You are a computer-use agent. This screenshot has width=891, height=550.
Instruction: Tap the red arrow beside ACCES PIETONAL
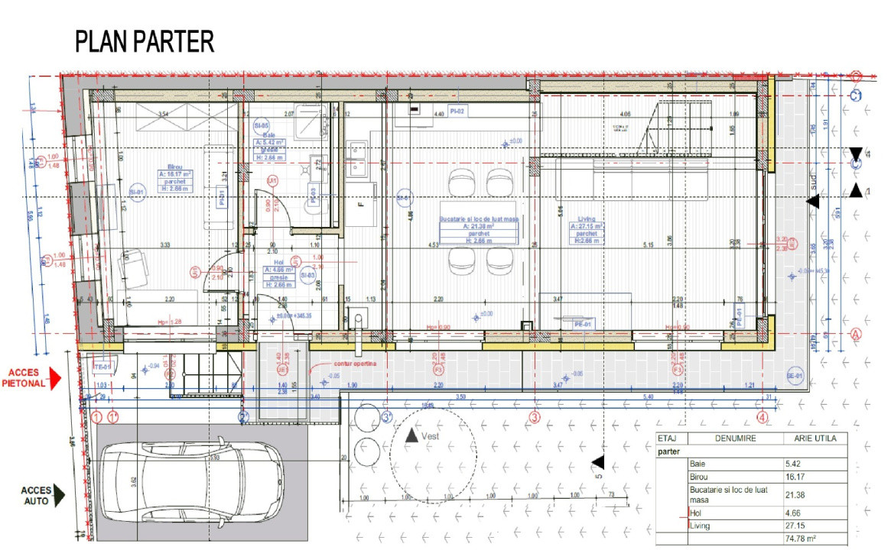[x=54, y=378]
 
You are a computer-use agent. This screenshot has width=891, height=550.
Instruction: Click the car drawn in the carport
[x=192, y=481]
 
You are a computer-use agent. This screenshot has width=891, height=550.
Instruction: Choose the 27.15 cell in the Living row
[x=796, y=526]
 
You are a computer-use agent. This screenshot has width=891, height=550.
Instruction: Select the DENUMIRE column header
[x=736, y=438]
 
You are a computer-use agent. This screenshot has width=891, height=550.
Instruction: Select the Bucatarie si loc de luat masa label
[x=479, y=219]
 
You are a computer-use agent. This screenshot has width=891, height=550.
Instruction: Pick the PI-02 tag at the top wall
[x=457, y=112]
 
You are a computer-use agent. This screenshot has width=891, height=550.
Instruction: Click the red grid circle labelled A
[x=856, y=333]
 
